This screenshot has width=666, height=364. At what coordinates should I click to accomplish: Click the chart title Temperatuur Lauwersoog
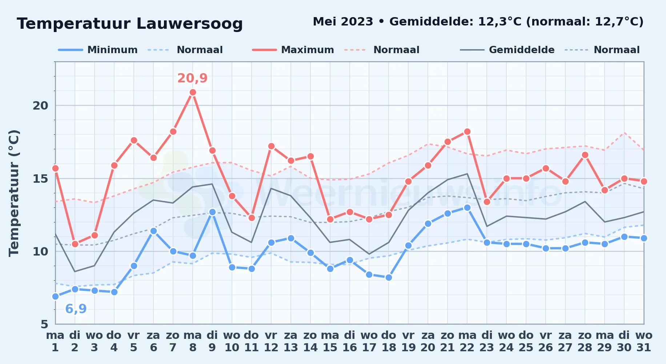[x=130, y=24]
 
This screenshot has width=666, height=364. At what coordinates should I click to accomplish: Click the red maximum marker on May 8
[x=193, y=92]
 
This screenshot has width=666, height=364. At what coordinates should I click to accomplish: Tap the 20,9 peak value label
[x=192, y=78]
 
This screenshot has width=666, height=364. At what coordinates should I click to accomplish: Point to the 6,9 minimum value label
[x=76, y=309]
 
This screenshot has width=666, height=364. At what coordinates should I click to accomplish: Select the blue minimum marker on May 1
[x=55, y=296]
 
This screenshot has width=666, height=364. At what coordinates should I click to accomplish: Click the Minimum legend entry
[x=98, y=50]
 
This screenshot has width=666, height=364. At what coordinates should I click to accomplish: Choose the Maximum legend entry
[x=293, y=50]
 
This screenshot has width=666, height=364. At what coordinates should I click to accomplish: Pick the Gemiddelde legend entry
[x=507, y=50]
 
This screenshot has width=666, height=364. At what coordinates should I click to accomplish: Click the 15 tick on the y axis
[x=40, y=178]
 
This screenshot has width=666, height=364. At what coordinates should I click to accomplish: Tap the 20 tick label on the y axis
[x=40, y=106]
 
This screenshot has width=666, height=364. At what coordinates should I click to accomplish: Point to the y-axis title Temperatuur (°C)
[x=14, y=193]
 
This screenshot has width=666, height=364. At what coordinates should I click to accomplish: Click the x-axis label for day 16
[x=350, y=341]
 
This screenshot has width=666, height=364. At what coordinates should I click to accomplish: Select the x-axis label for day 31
[x=644, y=341]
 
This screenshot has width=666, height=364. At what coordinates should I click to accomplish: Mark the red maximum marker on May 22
[x=467, y=132]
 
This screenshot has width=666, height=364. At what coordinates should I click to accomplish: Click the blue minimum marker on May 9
[x=212, y=212]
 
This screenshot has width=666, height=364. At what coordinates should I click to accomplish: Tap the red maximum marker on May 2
[x=75, y=244]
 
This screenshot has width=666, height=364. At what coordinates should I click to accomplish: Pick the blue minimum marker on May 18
[x=389, y=277]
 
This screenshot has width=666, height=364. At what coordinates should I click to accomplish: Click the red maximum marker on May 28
[x=585, y=155]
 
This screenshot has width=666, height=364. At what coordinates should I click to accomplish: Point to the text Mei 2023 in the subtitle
[x=343, y=21]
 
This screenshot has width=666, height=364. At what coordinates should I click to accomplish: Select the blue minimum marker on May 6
[x=153, y=231]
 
